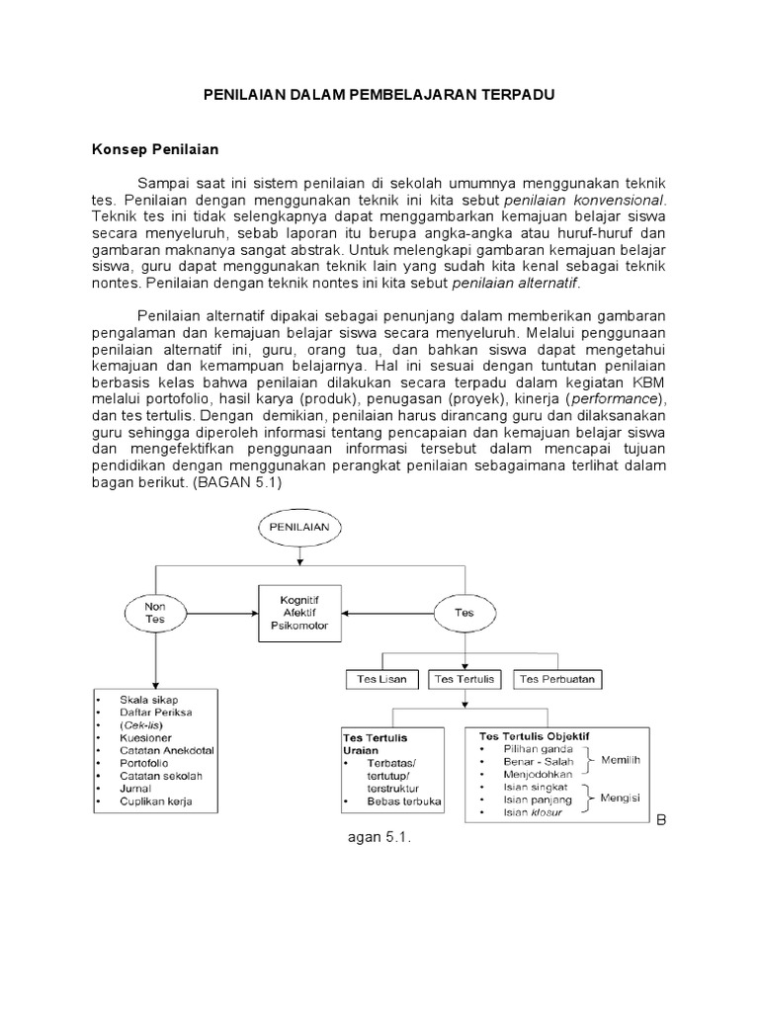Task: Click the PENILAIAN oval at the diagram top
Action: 301,529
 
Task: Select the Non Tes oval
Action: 153,612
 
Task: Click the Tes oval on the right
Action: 464,612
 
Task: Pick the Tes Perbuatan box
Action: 558,679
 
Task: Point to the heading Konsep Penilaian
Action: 155,150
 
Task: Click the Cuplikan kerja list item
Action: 155,801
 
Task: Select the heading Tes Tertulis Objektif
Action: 535,736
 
